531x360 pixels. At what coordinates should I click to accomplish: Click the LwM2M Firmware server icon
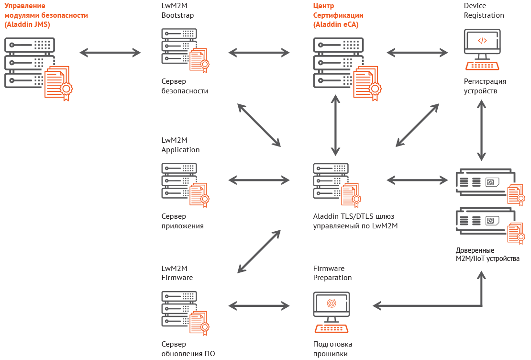179,309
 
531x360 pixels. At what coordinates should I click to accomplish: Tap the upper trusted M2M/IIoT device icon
482,182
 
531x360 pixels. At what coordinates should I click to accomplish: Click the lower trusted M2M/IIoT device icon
482,221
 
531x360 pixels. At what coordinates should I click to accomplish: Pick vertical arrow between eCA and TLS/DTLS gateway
335,125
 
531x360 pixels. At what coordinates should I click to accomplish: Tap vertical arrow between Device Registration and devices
481,130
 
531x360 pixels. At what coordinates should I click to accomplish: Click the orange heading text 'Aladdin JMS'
28,24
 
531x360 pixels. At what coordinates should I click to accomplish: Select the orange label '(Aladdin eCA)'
336,24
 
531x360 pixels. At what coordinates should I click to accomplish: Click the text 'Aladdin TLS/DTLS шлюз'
354,216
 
